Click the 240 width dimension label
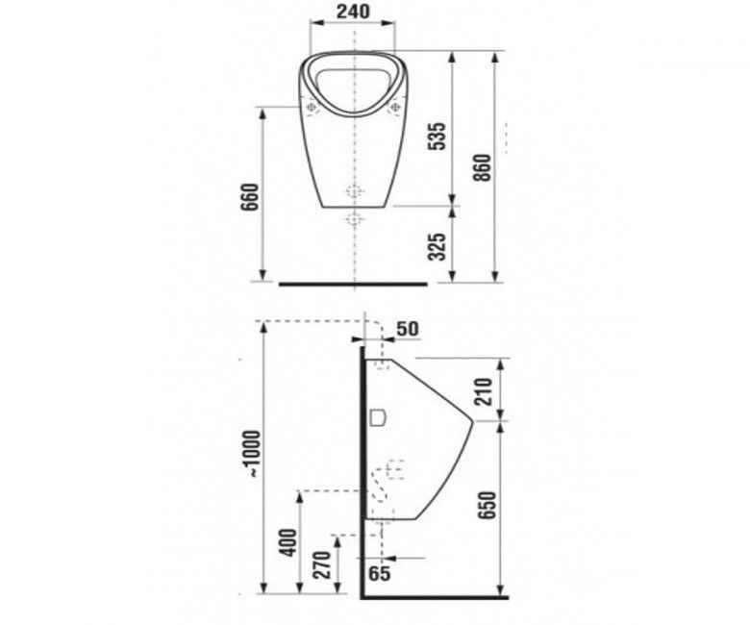point(353,12)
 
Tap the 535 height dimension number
point(437,137)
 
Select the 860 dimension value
point(483,167)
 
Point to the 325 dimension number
point(437,247)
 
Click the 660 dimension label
point(250,197)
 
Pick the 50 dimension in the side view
point(408,329)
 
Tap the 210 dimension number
point(483,391)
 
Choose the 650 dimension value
point(487,505)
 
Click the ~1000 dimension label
point(252,454)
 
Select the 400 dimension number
point(288,542)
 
